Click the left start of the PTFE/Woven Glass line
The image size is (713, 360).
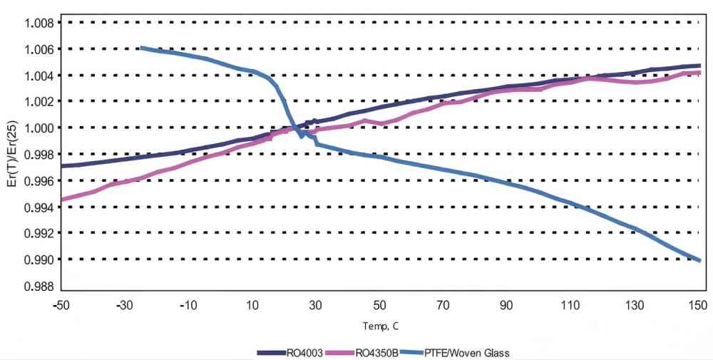coord(140,48)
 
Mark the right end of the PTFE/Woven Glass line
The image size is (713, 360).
coord(700,260)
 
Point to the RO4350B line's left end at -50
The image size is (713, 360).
coord(62,200)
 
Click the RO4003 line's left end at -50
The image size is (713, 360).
coord(62,165)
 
